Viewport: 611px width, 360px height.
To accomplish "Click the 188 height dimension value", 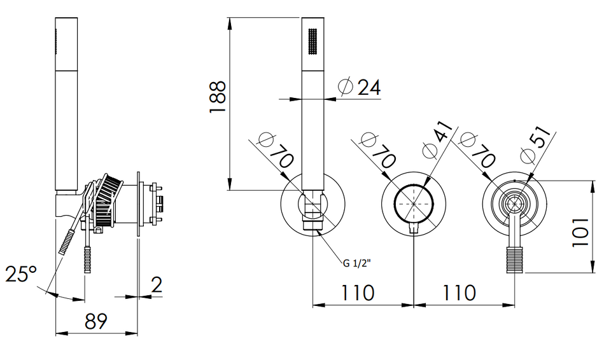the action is (218, 97).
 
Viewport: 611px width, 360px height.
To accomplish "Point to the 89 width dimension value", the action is (96, 321).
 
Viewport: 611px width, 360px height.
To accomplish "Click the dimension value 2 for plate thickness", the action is (157, 285).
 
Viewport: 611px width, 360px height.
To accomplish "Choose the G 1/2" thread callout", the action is (356, 264).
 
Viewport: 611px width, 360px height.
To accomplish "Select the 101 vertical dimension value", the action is (580, 232).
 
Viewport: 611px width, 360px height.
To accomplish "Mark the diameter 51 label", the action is (536, 144).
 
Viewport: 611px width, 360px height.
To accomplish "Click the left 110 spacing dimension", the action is (358, 293).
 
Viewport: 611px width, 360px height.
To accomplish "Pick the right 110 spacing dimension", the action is (460, 293).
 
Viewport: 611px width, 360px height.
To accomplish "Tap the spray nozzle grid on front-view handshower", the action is (313, 41).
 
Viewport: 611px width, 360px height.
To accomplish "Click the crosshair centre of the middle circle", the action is (414, 204).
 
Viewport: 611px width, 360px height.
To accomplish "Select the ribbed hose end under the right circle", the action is (512, 260).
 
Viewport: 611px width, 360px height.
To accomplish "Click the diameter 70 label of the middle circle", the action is (378, 150).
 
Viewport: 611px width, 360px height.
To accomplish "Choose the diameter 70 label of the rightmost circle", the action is (478, 150).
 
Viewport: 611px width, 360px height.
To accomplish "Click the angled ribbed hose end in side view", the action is (65, 242).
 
